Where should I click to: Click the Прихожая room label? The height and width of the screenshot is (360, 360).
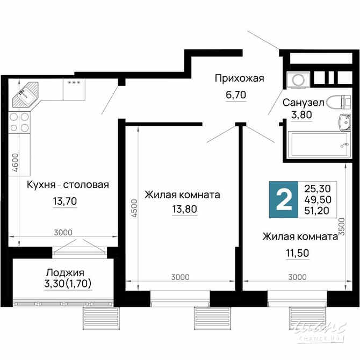click(x=239, y=79)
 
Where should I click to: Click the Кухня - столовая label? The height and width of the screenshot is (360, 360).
click(x=68, y=185)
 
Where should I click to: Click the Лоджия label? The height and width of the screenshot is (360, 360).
click(x=65, y=272)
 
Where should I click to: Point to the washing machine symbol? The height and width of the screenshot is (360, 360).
click(x=296, y=80)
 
